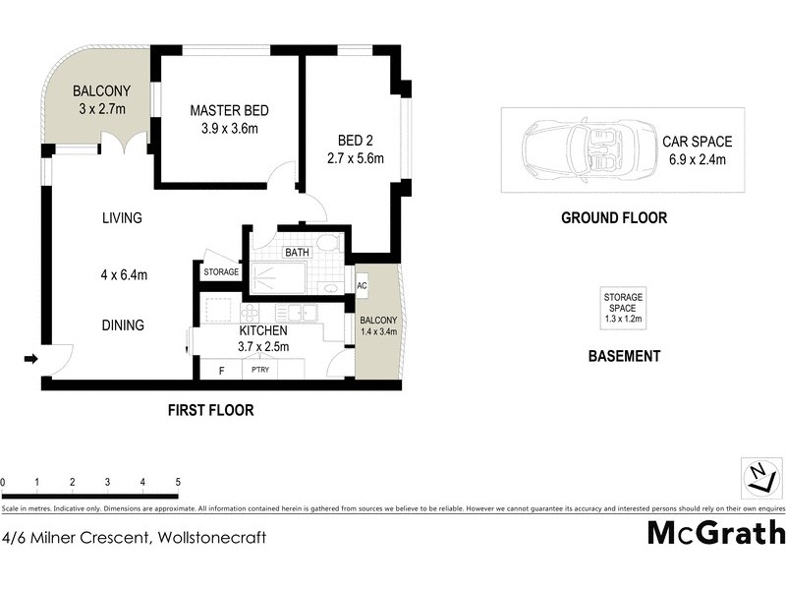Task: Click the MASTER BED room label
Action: click(x=229, y=109)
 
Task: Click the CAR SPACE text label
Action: click(x=697, y=142)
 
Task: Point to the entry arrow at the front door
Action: click(x=30, y=359)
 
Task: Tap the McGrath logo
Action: click(x=715, y=533)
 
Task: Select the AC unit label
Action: click(x=362, y=286)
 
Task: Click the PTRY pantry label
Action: click(x=260, y=370)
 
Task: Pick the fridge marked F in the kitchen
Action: click(x=222, y=370)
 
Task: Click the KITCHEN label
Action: click(x=262, y=330)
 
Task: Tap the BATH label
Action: click(x=297, y=253)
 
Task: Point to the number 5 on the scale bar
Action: click(x=178, y=483)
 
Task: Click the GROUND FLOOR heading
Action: click(x=613, y=218)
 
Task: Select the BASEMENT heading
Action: click(x=624, y=356)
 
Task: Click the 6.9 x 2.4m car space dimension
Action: click(x=697, y=159)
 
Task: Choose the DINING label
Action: click(x=123, y=325)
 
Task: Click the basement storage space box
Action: click(x=623, y=308)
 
